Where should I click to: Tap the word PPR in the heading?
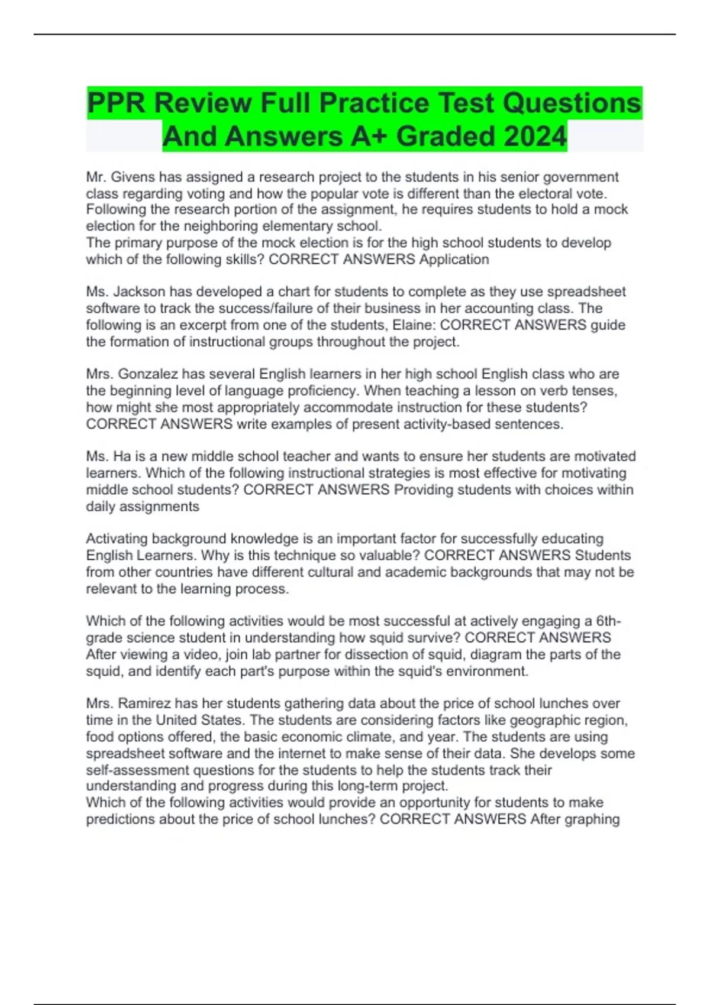coord(115,103)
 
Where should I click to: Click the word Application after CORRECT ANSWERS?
coord(454,259)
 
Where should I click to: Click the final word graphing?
coord(592,819)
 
